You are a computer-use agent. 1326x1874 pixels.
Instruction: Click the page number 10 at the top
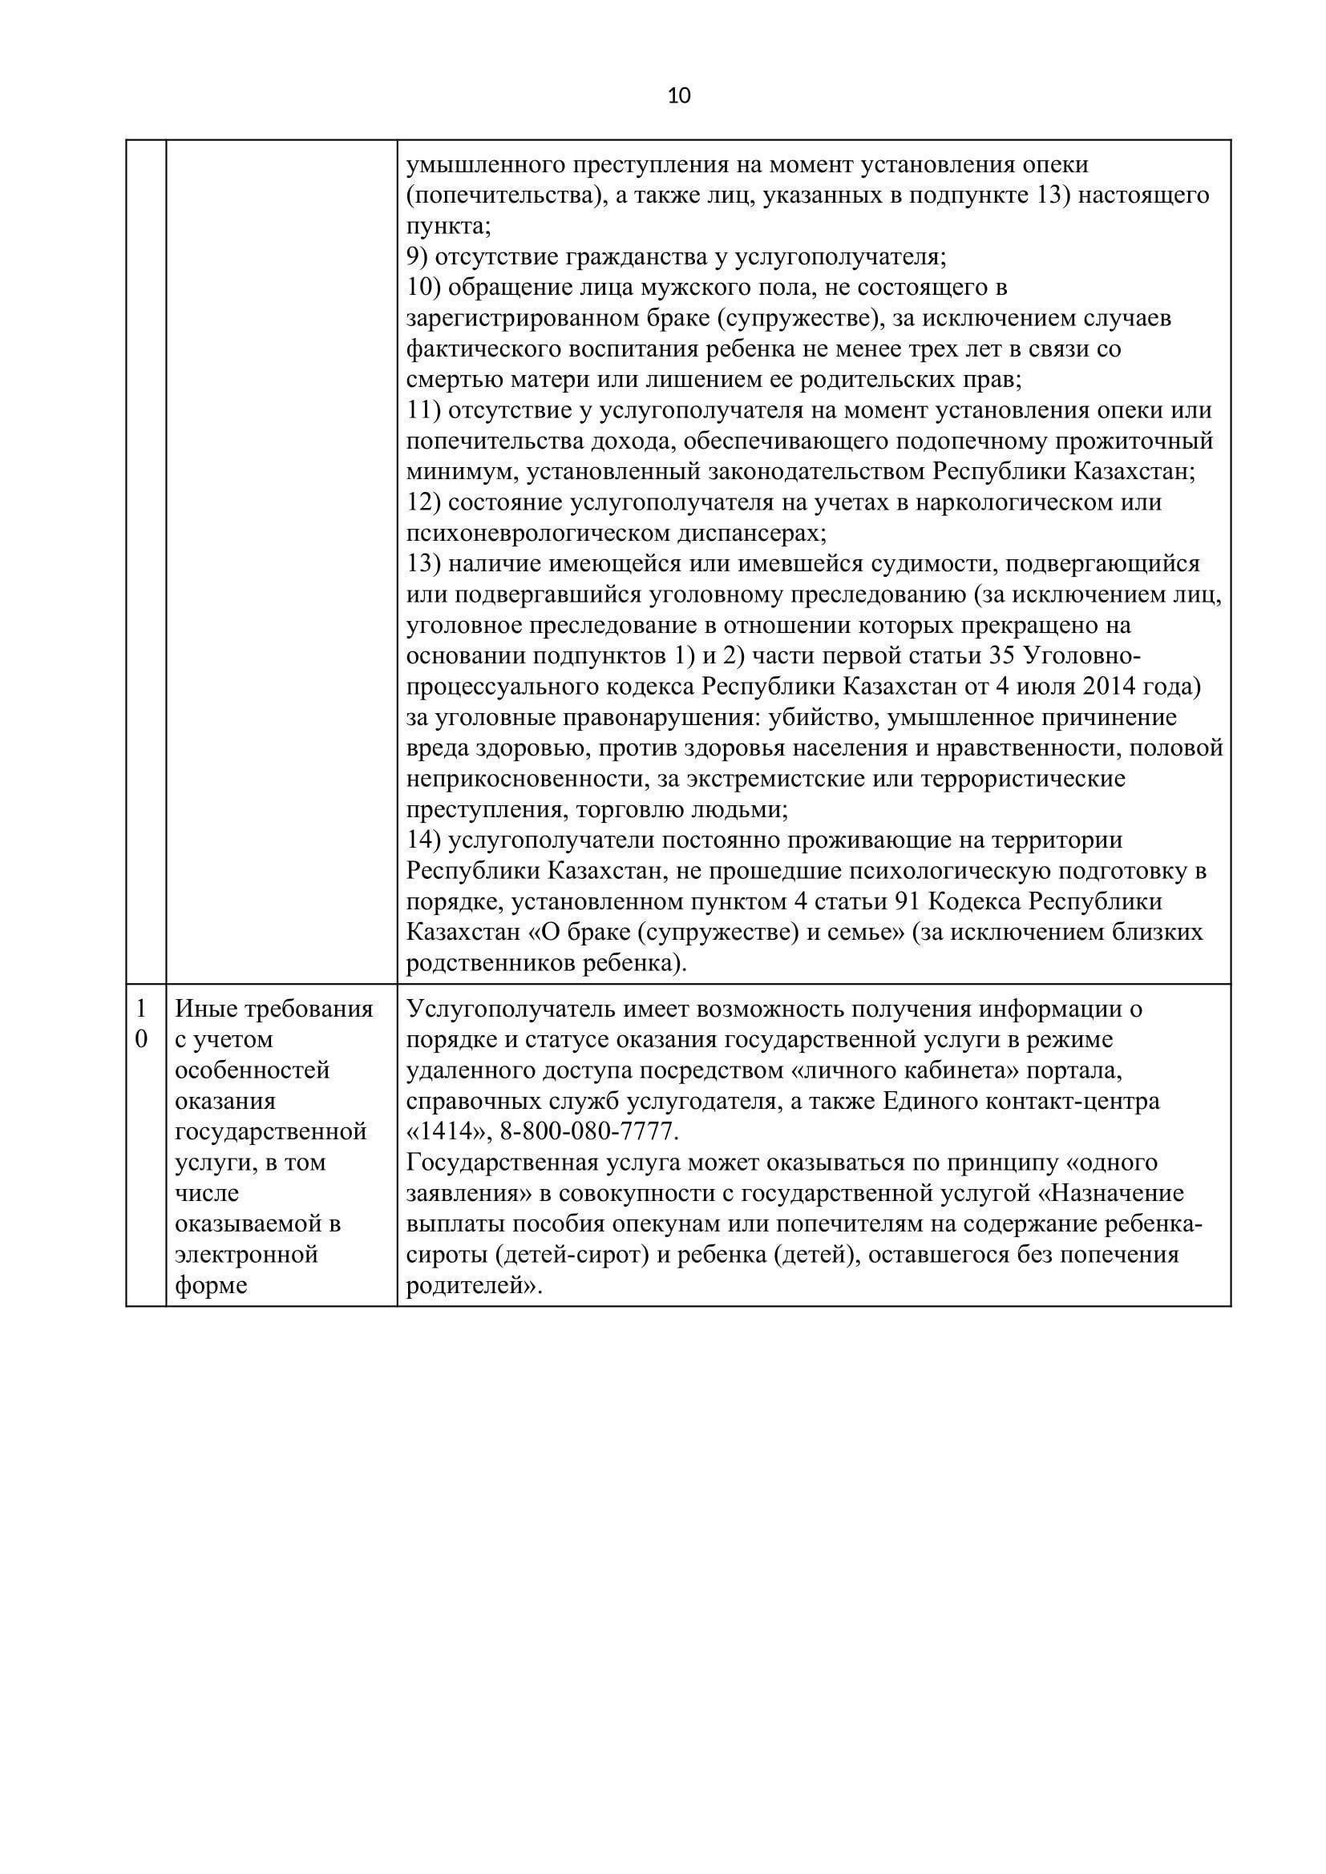[678, 96]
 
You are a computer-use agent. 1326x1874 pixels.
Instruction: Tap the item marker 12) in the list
[424, 502]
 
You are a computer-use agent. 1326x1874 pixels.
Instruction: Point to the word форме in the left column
[212, 1285]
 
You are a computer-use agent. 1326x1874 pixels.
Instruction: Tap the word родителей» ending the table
[474, 1285]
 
